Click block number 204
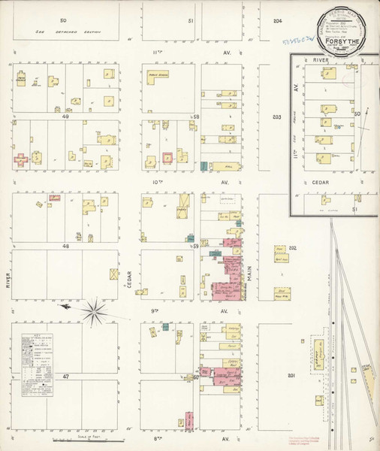(x=278, y=20)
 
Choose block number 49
(x=65, y=117)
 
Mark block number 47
(x=65, y=374)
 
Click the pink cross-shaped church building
(x=22, y=159)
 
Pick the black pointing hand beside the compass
(x=65, y=307)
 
